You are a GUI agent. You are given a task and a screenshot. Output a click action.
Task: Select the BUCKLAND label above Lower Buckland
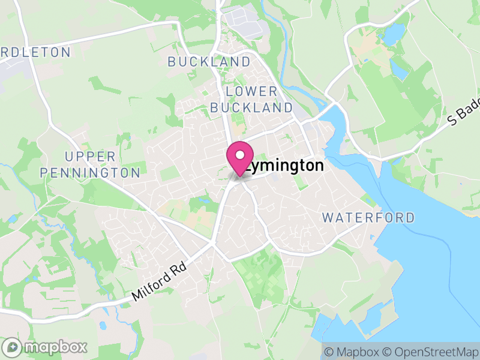click(209, 62)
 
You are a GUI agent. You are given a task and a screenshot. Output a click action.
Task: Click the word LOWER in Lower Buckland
click(252, 91)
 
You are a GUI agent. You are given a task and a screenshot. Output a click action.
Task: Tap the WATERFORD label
click(368, 217)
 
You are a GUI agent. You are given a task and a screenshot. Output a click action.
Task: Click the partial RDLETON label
click(36, 52)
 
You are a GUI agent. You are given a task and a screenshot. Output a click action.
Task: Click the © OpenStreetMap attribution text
click(431, 352)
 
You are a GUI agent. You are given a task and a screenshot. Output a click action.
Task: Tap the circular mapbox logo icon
click(13, 347)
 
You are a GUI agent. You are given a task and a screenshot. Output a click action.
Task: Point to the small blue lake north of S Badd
click(392, 34)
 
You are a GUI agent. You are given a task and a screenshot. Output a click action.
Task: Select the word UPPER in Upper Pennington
click(90, 157)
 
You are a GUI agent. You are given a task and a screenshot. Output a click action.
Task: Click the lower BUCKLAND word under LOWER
click(252, 108)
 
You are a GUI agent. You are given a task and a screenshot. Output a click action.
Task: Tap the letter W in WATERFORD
click(328, 217)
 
